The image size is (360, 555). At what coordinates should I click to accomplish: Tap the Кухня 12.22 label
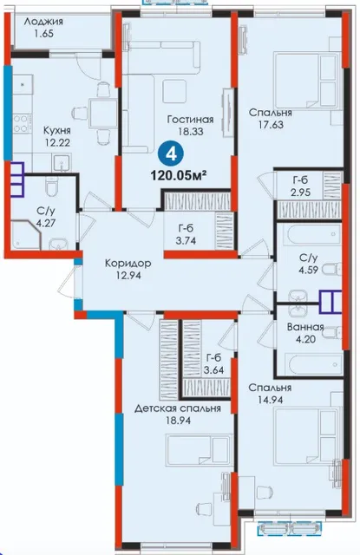(56, 137)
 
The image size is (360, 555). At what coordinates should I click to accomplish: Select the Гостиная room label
(191, 120)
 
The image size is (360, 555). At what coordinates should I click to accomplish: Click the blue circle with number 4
(172, 154)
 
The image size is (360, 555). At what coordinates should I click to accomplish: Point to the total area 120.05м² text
(179, 174)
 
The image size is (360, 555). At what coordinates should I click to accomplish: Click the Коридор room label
(128, 264)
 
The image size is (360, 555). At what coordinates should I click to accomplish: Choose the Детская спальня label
(178, 408)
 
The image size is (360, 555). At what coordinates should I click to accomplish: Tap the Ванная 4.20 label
(305, 333)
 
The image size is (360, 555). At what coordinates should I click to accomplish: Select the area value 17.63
(271, 125)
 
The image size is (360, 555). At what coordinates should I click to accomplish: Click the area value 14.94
(270, 400)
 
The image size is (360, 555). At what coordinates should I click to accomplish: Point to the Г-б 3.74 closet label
(186, 235)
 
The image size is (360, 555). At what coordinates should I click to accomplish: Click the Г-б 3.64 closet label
(214, 365)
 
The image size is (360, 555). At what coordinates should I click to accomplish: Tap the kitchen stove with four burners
(22, 123)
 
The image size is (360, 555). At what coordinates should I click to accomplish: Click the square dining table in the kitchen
(103, 113)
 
